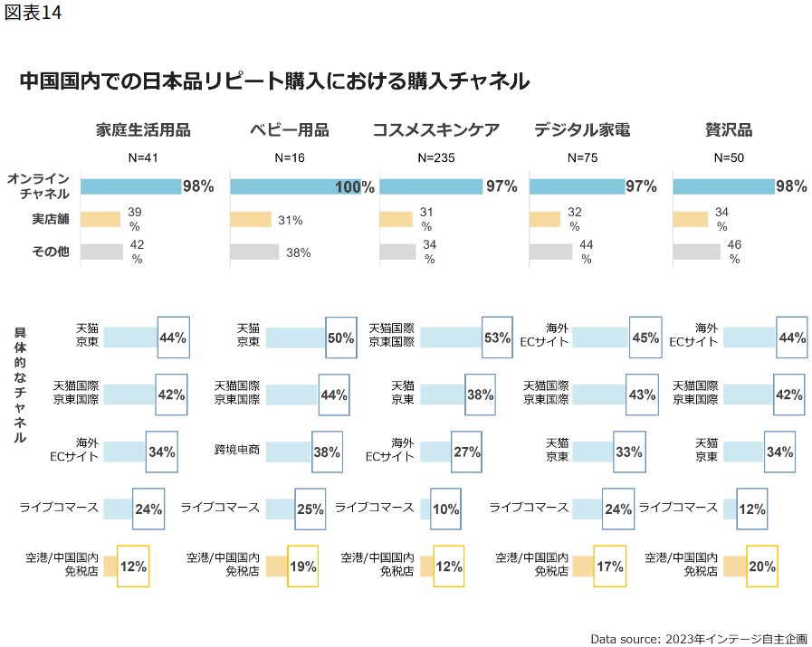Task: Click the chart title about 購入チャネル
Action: pyautogui.click(x=273, y=81)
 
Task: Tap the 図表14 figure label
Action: pyautogui.click(x=33, y=15)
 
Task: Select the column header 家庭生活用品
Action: pyautogui.click(x=143, y=129)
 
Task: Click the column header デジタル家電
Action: pyautogui.click(x=581, y=129)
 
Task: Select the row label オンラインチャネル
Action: pyautogui.click(x=38, y=186)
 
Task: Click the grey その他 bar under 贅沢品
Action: pyautogui.click(x=695, y=252)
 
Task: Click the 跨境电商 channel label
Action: pyautogui.click(x=239, y=450)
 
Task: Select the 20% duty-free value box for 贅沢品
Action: pyautogui.click(x=762, y=566)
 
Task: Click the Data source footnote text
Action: pyautogui.click(x=697, y=637)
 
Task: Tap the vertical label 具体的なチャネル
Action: pyautogui.click(x=20, y=385)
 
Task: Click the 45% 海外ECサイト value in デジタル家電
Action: pyautogui.click(x=645, y=338)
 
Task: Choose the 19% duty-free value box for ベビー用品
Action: pyautogui.click(x=302, y=566)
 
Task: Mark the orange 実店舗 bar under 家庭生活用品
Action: pyautogui.click(x=100, y=219)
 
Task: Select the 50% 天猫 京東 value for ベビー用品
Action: pyautogui.click(x=340, y=338)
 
